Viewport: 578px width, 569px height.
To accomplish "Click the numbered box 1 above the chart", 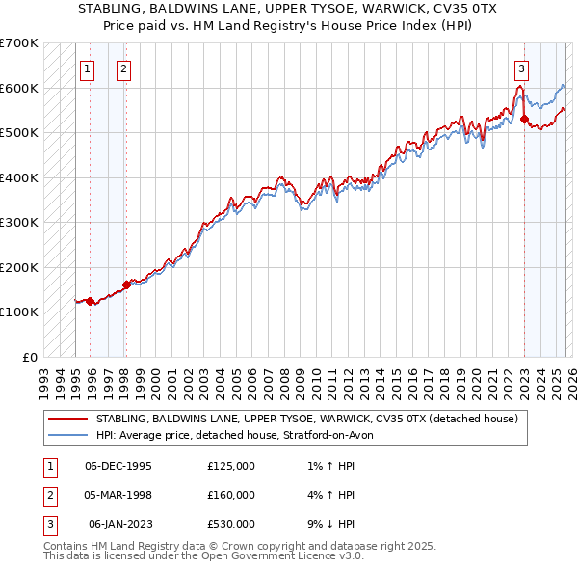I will click(x=87, y=68).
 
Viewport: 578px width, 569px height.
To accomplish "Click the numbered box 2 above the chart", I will click(x=124, y=68).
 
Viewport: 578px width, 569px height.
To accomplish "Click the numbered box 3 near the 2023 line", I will click(x=521, y=68).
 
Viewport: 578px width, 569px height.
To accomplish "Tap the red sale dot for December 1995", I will click(x=91, y=301).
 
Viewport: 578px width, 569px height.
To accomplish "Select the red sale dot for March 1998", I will click(x=126, y=285).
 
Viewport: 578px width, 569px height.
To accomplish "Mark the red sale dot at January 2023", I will click(x=524, y=120).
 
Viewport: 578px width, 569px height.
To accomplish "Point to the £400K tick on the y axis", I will click(x=19, y=177).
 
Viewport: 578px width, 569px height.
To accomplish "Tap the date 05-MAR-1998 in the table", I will click(x=118, y=495).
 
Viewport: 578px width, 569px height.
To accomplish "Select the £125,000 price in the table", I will click(x=231, y=466).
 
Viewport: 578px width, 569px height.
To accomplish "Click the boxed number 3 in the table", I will click(x=50, y=524).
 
